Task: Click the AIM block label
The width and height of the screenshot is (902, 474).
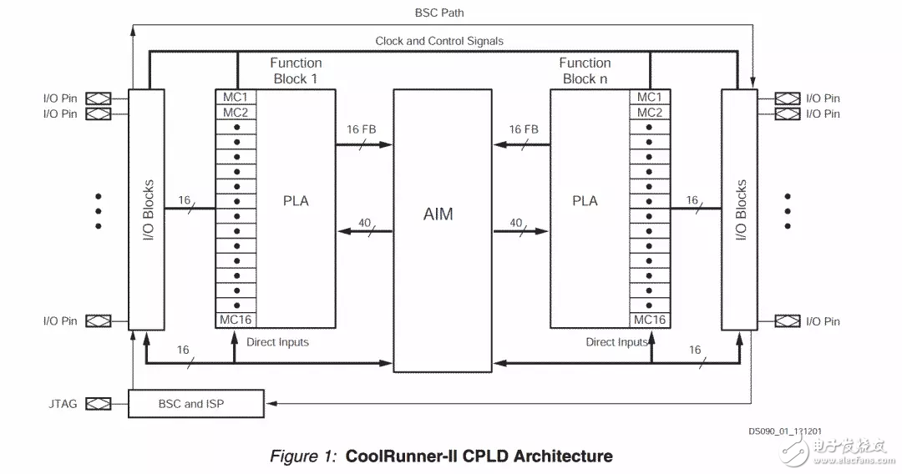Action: click(x=438, y=214)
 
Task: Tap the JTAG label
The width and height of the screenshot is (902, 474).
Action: click(x=63, y=404)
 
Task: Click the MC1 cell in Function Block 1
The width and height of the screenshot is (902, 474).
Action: click(x=235, y=97)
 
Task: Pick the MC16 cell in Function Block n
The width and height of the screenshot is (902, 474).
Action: click(x=650, y=320)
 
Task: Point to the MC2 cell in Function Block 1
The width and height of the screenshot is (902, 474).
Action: click(x=235, y=113)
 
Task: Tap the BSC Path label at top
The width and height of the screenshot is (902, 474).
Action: click(x=439, y=13)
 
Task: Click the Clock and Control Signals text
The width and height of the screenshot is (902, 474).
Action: click(x=439, y=41)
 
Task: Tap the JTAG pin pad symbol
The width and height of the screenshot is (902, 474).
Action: click(x=99, y=404)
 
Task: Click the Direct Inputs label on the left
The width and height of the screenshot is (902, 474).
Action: click(x=277, y=342)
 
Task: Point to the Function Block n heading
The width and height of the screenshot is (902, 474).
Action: click(x=585, y=71)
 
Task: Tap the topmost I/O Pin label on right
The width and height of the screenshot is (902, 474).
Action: click(x=823, y=98)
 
